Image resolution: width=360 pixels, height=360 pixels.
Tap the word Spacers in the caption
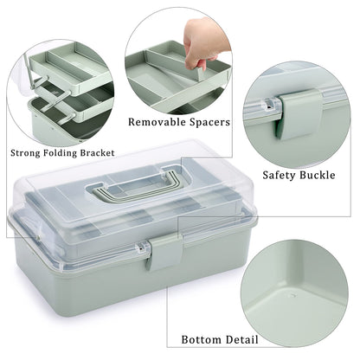click(209, 122)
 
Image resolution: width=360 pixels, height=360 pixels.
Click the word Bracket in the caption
click(113, 153)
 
